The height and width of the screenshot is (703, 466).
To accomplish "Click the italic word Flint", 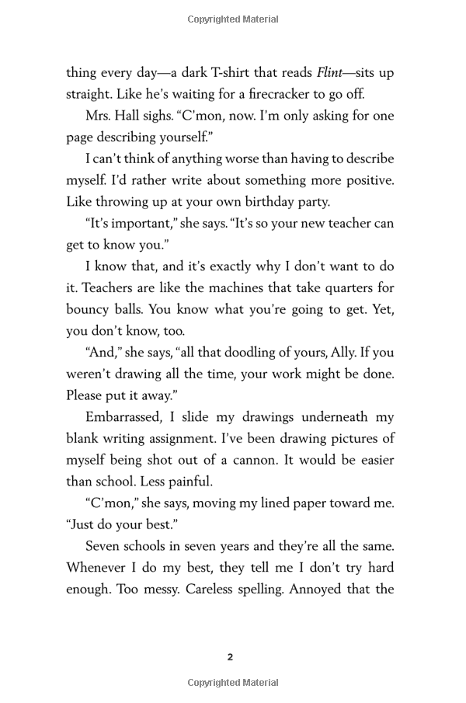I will click(x=329, y=73).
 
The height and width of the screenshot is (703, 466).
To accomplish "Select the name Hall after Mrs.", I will click(x=135, y=116).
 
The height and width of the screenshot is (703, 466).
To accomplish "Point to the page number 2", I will click(x=230, y=657).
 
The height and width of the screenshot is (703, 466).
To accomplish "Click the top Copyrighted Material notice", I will click(x=233, y=19).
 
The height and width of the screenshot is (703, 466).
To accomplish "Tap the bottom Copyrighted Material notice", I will click(x=233, y=683).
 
